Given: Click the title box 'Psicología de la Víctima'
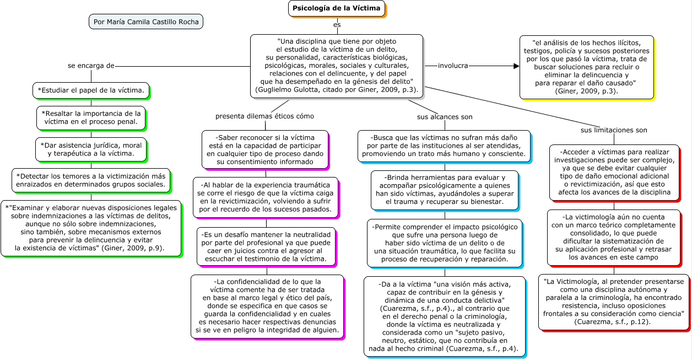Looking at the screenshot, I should [x=336, y=8].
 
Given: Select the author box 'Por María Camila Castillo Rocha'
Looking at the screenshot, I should [x=146, y=22].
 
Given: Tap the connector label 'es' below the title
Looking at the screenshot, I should [x=337, y=25].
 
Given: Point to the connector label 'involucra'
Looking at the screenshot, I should [x=453, y=66].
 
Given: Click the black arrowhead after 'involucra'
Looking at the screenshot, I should [x=516, y=66].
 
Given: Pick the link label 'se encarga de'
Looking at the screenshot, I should [x=91, y=66].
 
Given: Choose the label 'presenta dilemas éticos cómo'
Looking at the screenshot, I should [x=264, y=116].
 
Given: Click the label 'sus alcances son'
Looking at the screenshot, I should [x=445, y=117].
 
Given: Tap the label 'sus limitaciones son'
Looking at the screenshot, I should [x=614, y=130].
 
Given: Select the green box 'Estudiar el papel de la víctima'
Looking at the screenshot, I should [x=91, y=89].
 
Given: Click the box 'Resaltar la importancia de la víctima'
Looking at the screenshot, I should [x=91, y=117].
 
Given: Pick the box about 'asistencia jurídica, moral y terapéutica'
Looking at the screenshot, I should [x=91, y=149].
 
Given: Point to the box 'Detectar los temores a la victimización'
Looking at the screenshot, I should [x=91, y=180].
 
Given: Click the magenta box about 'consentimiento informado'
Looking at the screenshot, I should [x=265, y=149].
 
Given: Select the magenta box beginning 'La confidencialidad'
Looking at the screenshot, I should [x=267, y=306].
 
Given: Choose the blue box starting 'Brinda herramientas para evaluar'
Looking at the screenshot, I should [x=445, y=190].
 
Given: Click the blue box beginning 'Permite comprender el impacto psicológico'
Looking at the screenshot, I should [x=445, y=243].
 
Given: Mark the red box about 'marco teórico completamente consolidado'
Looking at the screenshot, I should [x=614, y=237].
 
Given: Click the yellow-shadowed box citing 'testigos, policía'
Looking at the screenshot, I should [x=586, y=67].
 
